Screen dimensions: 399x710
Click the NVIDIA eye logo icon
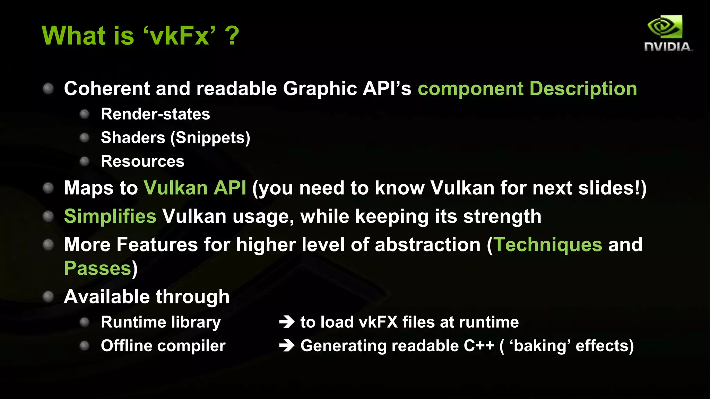pyautogui.click(x=665, y=27)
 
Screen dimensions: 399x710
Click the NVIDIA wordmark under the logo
pyautogui.click(x=668, y=47)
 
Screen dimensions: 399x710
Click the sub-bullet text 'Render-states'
pyautogui.click(x=155, y=114)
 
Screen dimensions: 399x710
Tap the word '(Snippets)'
pyautogui.click(x=210, y=138)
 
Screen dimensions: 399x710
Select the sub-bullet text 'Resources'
pyautogui.click(x=142, y=161)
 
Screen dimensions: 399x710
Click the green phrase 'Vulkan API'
pyautogui.click(x=195, y=188)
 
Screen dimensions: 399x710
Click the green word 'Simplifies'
pyautogui.click(x=110, y=216)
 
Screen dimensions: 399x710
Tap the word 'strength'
pyautogui.click(x=502, y=216)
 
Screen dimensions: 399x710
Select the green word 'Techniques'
pyautogui.click(x=548, y=245)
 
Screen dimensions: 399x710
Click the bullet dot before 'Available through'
pyautogui.click(x=48, y=296)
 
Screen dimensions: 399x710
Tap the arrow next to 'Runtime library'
pyautogui.click(x=287, y=322)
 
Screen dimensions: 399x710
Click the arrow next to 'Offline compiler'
pyautogui.click(x=287, y=346)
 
